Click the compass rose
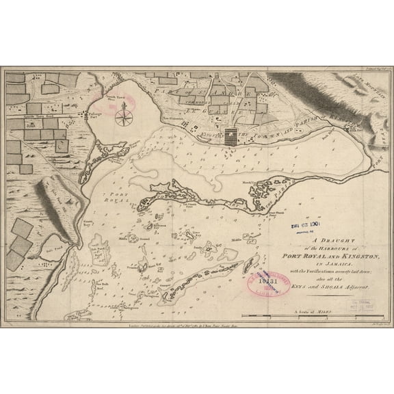coord(124,118)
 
